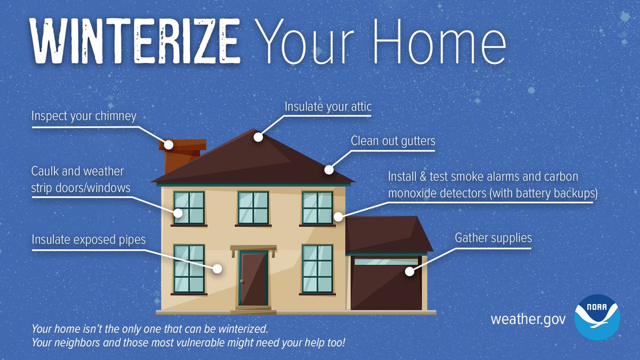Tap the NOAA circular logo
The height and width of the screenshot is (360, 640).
[x=597, y=319]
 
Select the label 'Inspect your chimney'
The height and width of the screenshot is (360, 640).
[x=84, y=116]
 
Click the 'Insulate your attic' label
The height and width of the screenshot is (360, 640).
[x=327, y=107]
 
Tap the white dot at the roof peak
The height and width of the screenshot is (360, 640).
[x=259, y=137]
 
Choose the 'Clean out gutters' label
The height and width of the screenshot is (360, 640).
[x=393, y=141]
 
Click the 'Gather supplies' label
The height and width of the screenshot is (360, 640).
[x=493, y=237]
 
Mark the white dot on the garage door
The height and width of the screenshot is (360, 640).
[x=409, y=271]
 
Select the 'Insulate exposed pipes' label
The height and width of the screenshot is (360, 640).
[x=88, y=239]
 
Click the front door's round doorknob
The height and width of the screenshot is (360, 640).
[x=242, y=281]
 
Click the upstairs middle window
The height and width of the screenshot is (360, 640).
[x=253, y=207]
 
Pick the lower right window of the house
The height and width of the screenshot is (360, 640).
[x=317, y=268]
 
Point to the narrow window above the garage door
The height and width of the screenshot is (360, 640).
[x=386, y=262]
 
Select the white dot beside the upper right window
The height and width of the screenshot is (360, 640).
[x=338, y=217]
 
